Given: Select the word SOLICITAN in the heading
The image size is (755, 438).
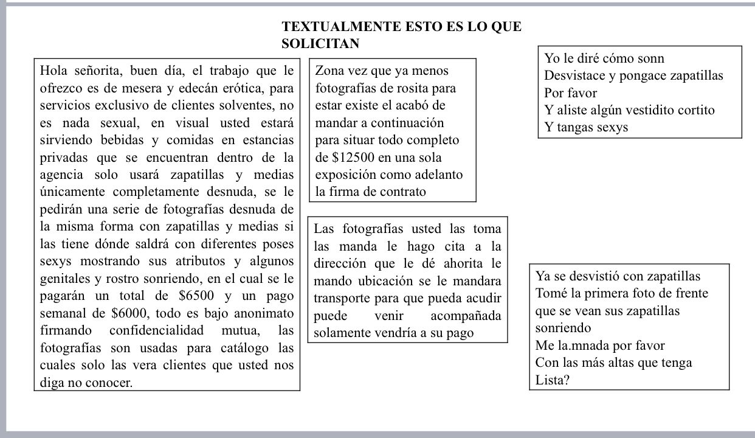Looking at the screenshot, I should tap(320, 44).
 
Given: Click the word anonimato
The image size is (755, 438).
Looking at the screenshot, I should tap(266, 314).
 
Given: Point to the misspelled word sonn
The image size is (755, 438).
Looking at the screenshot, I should tap(648, 59).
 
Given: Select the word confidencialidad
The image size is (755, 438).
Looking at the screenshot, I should tap(161, 331).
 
